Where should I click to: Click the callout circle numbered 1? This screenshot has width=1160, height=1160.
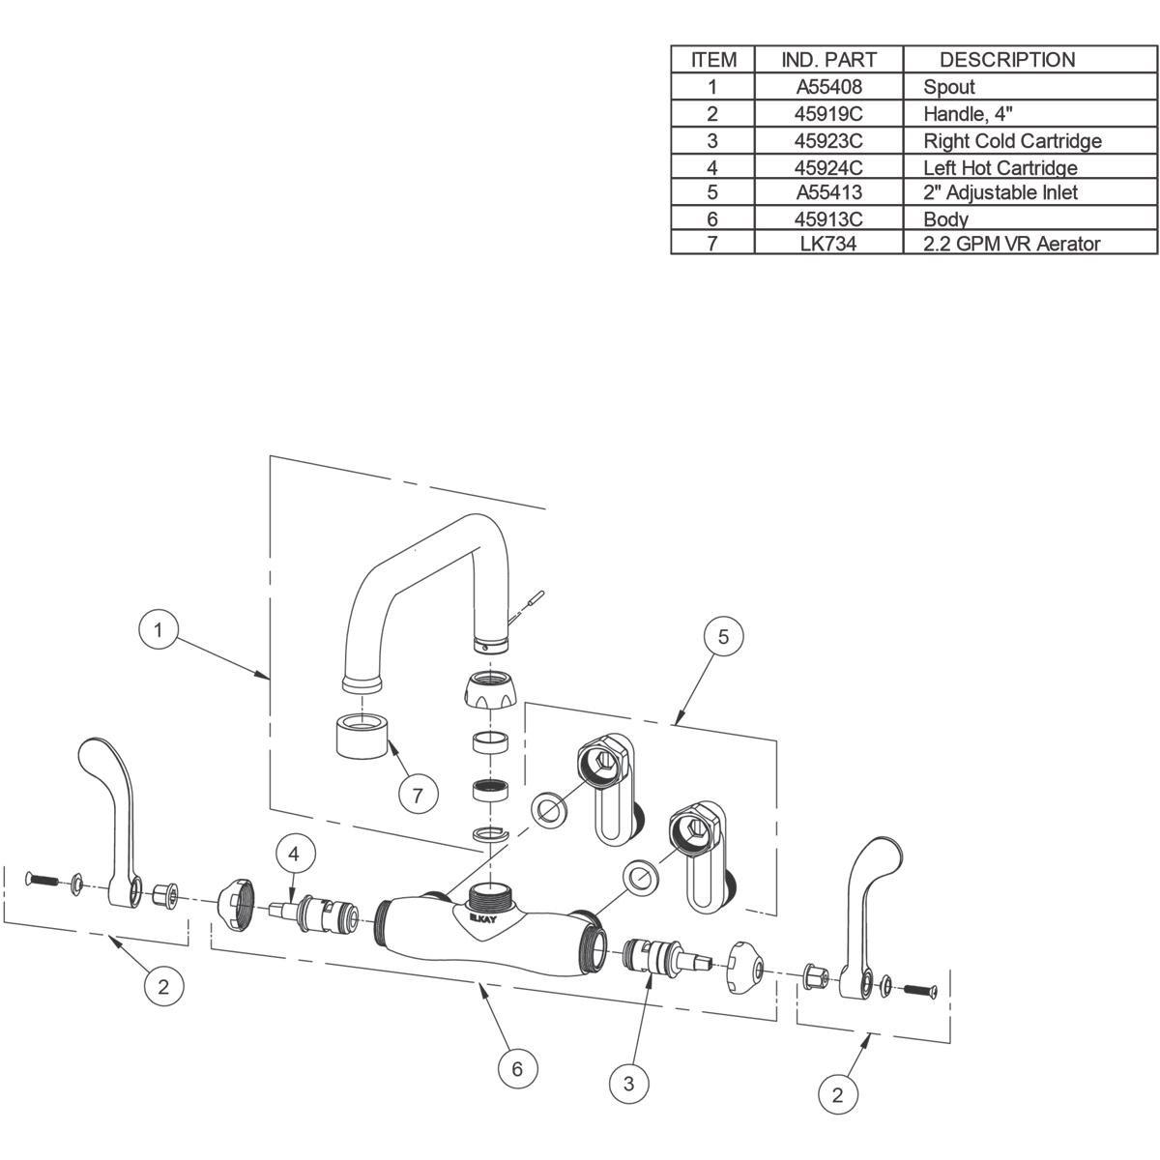[159, 631]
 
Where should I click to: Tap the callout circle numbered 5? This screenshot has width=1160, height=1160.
[723, 635]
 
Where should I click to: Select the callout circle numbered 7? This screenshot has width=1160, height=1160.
[418, 795]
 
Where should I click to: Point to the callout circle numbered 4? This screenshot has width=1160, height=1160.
[295, 854]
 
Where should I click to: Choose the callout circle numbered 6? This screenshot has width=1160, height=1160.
[517, 1068]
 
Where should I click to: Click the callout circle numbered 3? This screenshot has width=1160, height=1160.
[629, 1084]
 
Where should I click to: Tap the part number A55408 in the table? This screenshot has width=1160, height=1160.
[828, 86]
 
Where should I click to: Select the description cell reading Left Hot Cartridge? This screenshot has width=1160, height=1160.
[1000, 167]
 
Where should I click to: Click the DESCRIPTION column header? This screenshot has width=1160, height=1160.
[1006, 60]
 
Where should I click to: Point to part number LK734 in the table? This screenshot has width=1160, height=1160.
[828, 244]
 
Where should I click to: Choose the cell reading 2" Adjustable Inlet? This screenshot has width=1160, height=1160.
[1000, 192]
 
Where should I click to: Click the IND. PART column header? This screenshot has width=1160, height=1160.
[828, 60]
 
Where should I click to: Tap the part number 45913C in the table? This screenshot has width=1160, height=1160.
[828, 218]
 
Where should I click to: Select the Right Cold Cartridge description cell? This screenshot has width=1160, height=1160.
[1011, 141]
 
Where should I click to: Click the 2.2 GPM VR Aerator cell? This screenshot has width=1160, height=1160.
[1011, 244]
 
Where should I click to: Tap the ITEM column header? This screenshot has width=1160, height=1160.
[713, 60]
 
